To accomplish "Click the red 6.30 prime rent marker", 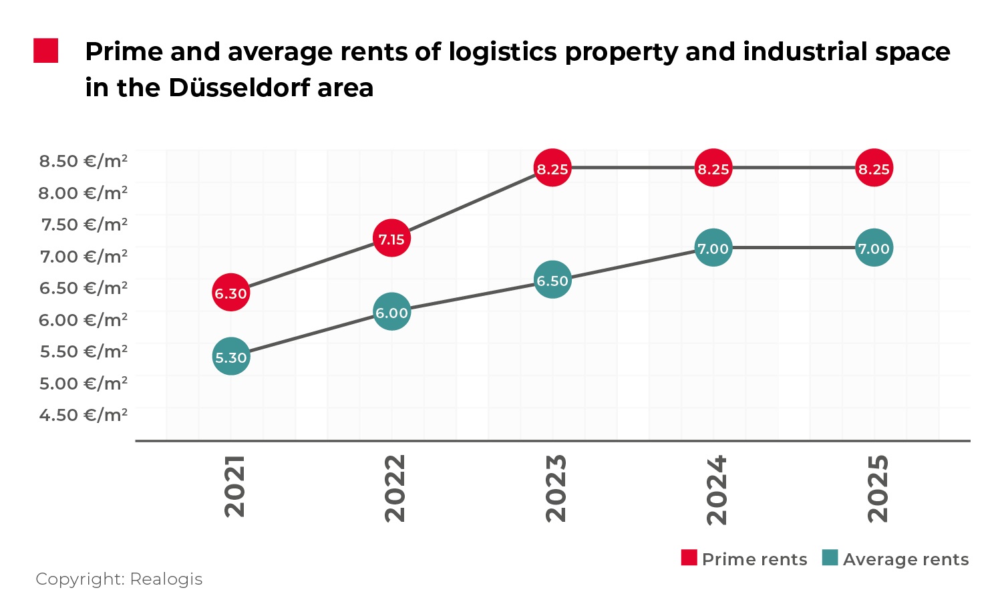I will (x=231, y=293).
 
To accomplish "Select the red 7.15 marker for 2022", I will (x=391, y=239).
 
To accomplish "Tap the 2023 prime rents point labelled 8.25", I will (x=552, y=168).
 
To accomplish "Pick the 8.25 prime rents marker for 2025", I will (x=874, y=168).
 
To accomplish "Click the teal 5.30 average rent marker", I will (x=231, y=357).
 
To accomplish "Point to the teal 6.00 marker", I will (x=391, y=312).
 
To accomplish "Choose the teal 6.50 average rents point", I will (x=552, y=280).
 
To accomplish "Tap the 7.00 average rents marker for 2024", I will (x=713, y=248).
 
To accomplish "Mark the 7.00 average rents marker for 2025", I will (x=874, y=248).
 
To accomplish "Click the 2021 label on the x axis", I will (x=235, y=486).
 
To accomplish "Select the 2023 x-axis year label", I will (x=556, y=488).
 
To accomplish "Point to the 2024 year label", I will (x=717, y=490).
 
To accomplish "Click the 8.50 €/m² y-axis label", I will (x=83, y=161).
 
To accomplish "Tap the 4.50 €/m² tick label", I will (x=83, y=415).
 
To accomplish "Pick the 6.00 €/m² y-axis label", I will (x=83, y=320).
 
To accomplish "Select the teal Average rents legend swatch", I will (x=830, y=558).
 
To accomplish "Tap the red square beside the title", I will (x=46, y=51).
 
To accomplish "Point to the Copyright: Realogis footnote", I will (x=119, y=579).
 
